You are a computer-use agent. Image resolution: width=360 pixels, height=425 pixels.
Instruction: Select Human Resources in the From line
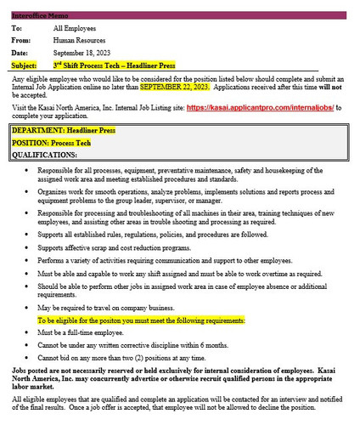(x=89, y=40)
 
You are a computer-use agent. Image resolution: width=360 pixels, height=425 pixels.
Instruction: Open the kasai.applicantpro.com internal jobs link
(x=262, y=108)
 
